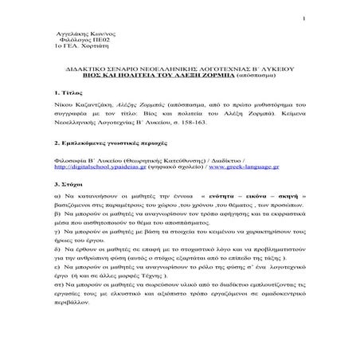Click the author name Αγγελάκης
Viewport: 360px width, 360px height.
[x=66, y=37]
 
